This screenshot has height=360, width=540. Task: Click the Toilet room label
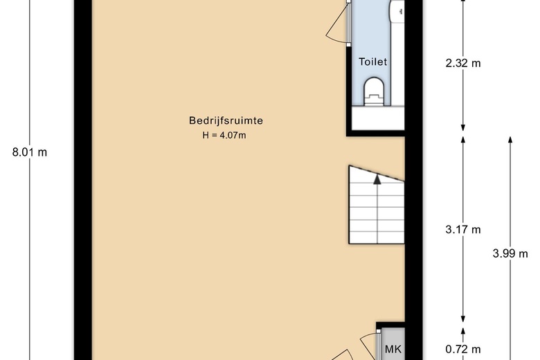click(372, 62)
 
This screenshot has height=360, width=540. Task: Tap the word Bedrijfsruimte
click(226, 120)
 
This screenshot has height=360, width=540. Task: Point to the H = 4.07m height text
click(224, 136)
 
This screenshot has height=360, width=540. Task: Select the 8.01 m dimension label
click(30, 152)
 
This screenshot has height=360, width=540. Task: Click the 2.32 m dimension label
click(463, 64)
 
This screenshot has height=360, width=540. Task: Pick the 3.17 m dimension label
click(463, 229)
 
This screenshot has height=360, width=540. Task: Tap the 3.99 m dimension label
click(510, 253)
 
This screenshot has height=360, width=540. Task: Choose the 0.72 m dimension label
click(463, 350)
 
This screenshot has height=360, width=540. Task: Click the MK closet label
click(393, 350)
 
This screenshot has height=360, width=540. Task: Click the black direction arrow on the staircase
click(377, 179)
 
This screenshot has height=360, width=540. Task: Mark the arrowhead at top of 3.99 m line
click(510, 140)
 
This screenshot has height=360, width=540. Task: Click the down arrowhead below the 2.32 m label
click(463, 128)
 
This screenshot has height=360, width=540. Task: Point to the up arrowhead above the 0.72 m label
click(463, 330)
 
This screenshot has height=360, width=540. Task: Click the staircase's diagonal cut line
click(377, 173)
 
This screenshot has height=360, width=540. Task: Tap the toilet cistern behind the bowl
click(374, 100)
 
